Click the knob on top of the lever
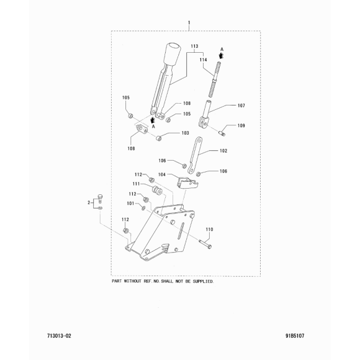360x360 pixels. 172,53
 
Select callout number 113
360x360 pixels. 194,46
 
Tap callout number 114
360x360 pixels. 203,60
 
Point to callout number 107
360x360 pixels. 241,106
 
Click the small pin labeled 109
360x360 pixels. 222,133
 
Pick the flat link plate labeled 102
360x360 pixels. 195,155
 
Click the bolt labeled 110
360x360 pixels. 205,243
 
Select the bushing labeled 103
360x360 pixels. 159,138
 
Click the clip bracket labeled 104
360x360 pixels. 187,183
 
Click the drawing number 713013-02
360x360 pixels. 59,336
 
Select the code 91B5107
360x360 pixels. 295,336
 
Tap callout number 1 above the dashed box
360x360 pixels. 189,23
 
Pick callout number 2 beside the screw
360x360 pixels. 89,202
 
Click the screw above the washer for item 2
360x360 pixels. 100,199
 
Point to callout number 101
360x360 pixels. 130,204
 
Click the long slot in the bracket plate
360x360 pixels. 181,231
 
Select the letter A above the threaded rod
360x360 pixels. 222,49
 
